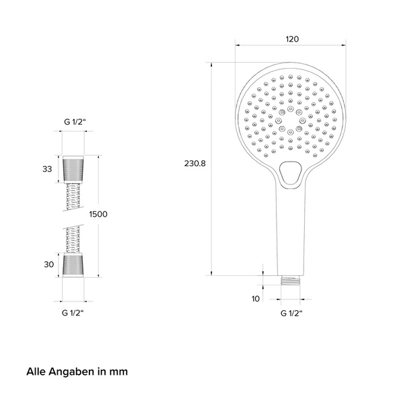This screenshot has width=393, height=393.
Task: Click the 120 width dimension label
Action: click(x=292, y=39)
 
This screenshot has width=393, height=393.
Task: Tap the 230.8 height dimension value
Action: click(x=194, y=164)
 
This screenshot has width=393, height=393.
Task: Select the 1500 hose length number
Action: click(x=98, y=214)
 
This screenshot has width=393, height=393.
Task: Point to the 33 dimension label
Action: click(x=47, y=169)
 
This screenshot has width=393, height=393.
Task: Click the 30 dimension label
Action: click(x=49, y=264)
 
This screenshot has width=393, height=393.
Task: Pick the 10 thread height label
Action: click(x=256, y=299)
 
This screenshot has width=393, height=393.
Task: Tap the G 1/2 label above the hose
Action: click(x=75, y=122)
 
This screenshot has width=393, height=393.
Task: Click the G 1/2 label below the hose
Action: click(x=73, y=313)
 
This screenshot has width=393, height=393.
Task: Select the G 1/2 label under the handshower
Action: click(x=291, y=314)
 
